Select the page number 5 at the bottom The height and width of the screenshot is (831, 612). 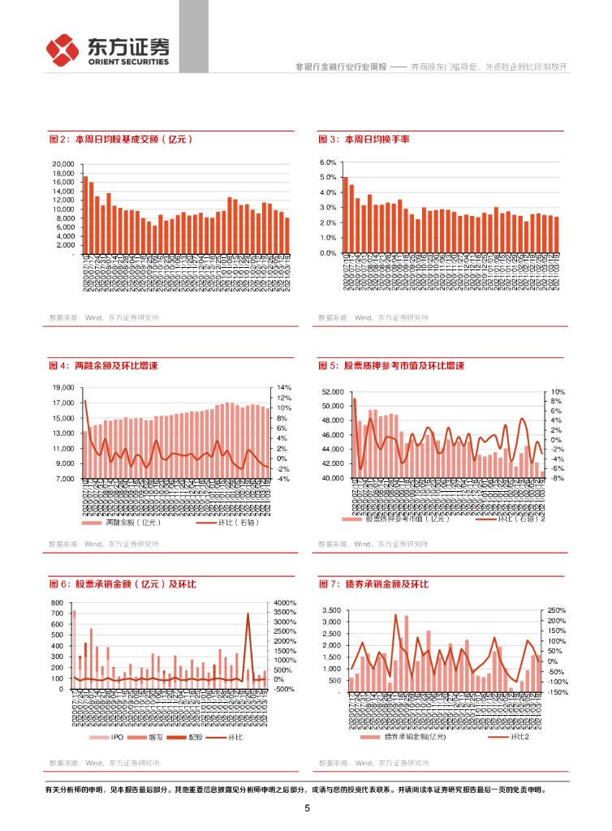307,808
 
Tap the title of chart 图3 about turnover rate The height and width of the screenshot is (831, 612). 364,140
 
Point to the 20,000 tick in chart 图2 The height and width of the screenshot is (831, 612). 62,165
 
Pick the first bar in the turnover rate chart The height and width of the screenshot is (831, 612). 345,215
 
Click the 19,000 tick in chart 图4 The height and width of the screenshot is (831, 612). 63,388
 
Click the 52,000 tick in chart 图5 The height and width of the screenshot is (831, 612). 333,392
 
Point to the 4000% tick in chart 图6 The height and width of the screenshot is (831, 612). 286,603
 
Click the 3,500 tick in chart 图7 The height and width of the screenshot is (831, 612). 331,610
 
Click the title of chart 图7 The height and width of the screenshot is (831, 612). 374,584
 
